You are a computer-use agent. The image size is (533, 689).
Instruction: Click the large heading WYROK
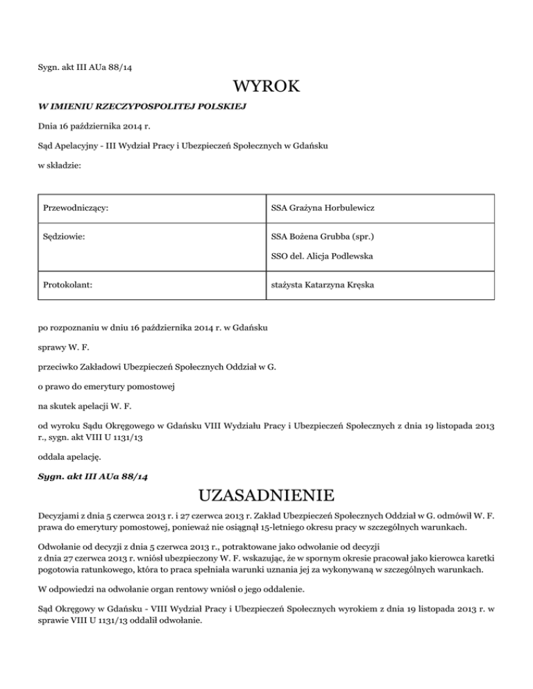(x=266, y=87)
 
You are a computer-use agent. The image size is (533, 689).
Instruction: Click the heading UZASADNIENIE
(x=266, y=496)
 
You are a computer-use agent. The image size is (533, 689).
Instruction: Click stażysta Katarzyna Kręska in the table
(x=329, y=284)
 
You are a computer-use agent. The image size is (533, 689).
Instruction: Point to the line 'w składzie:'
(x=60, y=166)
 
